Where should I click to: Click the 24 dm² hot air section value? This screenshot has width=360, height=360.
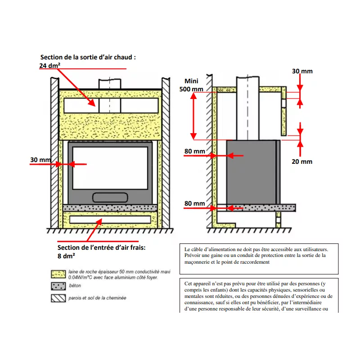tap(49, 65)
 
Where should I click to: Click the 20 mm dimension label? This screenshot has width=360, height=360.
tap(302, 161)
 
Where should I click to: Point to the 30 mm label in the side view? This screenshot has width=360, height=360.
tap(302, 71)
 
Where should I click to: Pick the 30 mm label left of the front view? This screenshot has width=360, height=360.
tap(40, 160)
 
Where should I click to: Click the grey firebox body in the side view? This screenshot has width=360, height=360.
tap(252, 171)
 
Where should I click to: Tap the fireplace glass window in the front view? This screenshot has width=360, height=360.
tap(108, 167)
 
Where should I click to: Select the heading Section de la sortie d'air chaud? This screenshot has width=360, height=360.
tap(88, 58)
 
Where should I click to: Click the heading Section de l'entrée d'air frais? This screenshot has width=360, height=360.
tap(102, 247)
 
